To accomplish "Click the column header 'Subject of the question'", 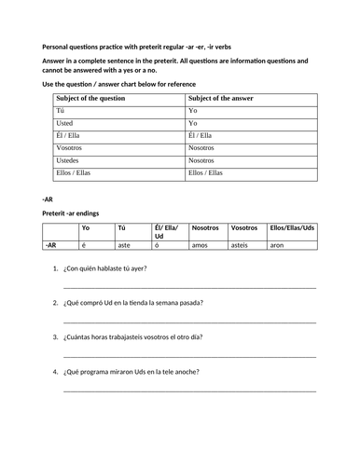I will [x=96, y=97].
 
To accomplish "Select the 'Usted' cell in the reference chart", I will [x=67, y=122].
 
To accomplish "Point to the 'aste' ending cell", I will [x=123, y=245].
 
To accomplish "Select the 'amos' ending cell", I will [x=200, y=245].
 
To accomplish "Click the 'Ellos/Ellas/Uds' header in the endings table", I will [x=292, y=227].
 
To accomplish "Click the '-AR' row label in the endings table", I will [x=52, y=245].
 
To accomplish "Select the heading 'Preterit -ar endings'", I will [x=77, y=212].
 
